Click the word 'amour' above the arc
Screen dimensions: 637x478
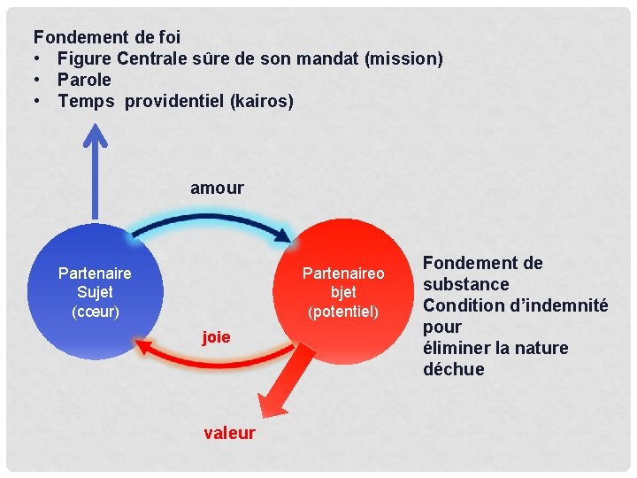[217, 188]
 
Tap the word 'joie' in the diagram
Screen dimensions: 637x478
[216, 336]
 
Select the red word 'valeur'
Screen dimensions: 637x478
[229, 433]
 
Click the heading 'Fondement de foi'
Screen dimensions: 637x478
[107, 37]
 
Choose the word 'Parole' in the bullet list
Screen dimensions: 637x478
[85, 80]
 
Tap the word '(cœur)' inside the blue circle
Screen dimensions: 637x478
[95, 311]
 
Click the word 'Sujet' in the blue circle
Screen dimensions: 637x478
[95, 292]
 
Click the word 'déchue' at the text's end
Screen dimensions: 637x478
[454, 369]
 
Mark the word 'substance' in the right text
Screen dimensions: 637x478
[466, 284]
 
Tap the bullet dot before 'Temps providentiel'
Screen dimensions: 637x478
[40, 101]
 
